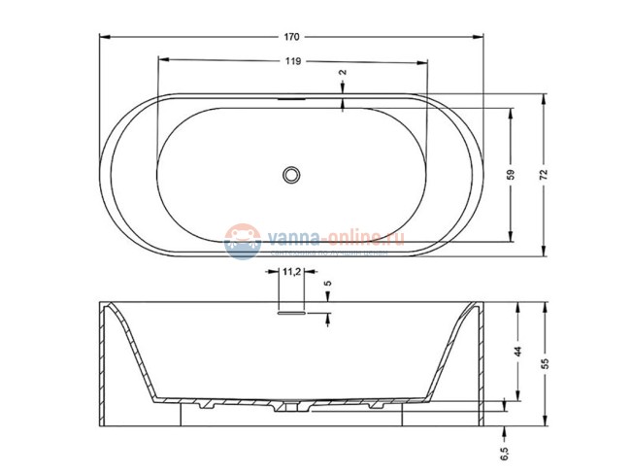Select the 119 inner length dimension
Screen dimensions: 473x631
(291, 60)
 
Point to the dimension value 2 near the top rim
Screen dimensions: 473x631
(343, 73)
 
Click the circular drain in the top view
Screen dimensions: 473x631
(291, 175)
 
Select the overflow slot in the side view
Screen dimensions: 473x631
(291, 313)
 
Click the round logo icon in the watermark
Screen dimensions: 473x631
(240, 239)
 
